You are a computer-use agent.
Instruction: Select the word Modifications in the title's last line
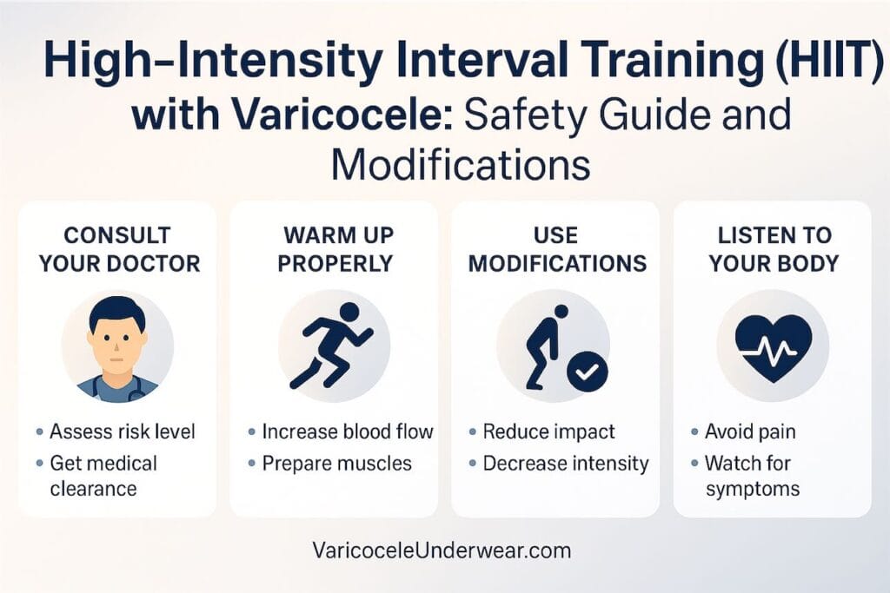coord(461,162)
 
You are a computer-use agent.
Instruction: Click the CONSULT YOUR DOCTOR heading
coord(118,249)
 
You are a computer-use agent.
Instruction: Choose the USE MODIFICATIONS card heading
coord(556,249)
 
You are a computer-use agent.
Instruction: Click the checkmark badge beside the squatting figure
coord(588,372)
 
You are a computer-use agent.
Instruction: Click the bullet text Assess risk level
coord(123,432)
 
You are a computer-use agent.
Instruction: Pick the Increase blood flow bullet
coord(348,432)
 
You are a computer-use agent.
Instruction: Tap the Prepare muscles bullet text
coord(336,463)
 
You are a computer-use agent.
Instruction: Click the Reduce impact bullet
coord(548,432)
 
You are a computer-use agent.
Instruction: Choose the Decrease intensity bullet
coord(566,463)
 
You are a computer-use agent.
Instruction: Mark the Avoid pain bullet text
coord(750,432)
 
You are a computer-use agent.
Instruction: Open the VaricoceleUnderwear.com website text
coord(442,550)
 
